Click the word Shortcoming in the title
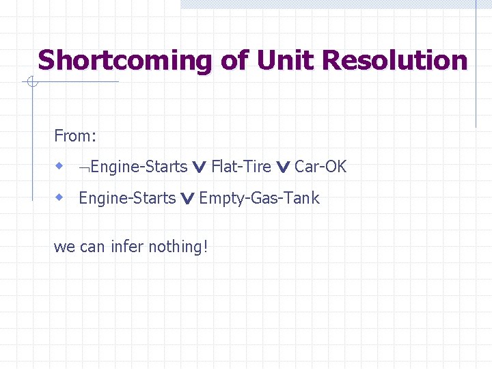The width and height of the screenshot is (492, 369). (126, 61)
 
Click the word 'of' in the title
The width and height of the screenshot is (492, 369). (234, 61)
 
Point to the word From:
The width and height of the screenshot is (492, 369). (75, 136)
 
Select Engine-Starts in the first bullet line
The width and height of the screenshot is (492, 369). (139, 167)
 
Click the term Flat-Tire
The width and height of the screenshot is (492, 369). (241, 167)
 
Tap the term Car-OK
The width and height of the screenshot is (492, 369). (320, 167)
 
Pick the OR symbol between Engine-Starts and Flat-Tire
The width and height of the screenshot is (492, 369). (200, 167)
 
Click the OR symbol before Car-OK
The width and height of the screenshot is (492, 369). (283, 167)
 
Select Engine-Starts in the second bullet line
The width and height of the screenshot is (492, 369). (127, 198)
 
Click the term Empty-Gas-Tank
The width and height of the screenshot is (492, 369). (259, 198)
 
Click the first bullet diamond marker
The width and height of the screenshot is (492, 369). (60, 166)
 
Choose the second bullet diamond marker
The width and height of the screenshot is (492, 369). (60, 197)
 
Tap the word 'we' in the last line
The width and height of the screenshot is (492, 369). (64, 247)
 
